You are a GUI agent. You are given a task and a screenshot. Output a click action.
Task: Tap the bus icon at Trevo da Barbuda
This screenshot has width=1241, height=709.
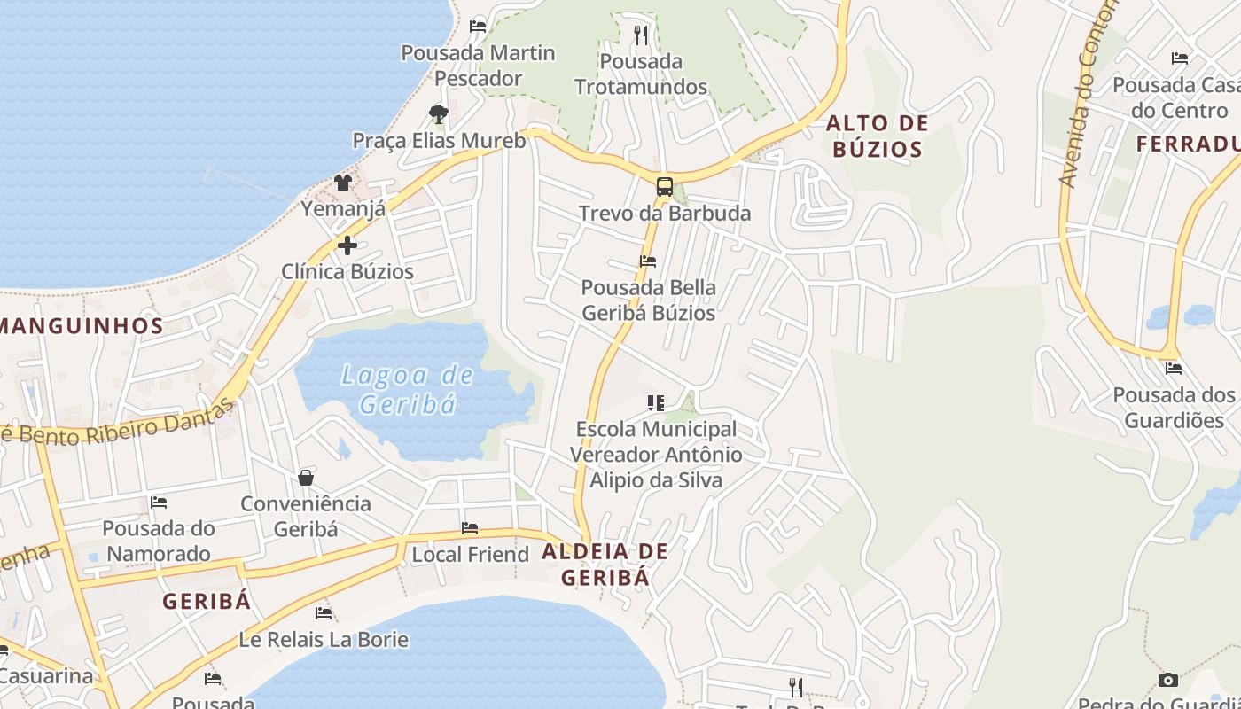point(664,187)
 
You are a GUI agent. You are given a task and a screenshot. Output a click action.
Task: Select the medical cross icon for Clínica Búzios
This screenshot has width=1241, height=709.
point(347,245)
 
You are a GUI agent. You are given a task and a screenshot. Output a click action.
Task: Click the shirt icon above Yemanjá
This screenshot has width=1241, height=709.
point(343,183)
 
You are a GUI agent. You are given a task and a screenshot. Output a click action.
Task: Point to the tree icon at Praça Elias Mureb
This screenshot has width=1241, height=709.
point(438,114)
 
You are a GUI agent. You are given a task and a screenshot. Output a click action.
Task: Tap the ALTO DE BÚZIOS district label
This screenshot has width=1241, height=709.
point(878,136)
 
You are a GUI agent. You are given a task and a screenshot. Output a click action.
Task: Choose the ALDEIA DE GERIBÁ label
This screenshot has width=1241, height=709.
point(605,564)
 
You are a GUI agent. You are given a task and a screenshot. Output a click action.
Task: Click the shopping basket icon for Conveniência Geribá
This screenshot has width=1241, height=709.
point(306,478)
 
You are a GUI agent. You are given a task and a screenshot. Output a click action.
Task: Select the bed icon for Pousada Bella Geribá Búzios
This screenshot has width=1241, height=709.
point(648,261)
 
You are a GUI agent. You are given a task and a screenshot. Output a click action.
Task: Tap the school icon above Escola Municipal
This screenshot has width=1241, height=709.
point(656,403)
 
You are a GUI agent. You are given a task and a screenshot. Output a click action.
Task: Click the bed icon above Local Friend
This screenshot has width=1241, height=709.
point(470,528)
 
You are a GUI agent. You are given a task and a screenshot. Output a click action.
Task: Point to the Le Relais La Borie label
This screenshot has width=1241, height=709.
point(324,639)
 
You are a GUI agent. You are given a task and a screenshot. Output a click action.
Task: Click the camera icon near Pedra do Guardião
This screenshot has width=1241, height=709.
point(1168,680)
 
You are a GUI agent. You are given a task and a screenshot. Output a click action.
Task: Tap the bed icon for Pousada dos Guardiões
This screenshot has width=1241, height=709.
point(1174,368)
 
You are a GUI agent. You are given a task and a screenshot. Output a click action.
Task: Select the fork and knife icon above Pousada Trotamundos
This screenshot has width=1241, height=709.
point(641,35)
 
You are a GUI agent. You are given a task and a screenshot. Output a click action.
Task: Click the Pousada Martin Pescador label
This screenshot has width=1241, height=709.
point(479,66)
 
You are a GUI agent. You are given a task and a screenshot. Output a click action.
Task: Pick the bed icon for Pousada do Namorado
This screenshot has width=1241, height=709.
point(159,502)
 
